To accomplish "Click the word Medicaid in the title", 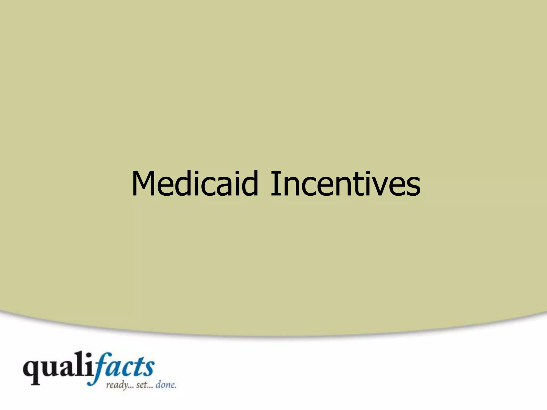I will (x=195, y=184).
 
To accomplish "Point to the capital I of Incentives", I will (x=274, y=184).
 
